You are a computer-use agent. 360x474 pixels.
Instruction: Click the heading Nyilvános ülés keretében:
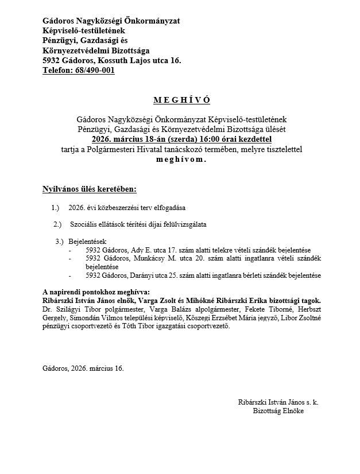pos(90,189)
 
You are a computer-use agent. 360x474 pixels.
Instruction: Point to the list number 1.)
pos(56,207)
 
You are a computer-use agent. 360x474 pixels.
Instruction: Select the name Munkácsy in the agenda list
pos(146,259)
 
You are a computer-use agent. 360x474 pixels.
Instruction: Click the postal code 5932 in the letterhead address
pos(52,60)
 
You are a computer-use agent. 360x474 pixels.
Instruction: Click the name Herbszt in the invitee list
pos(307,310)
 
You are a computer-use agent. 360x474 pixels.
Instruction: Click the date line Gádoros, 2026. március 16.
pos(83,368)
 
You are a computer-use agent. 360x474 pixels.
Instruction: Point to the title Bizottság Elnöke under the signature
pos(278,411)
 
